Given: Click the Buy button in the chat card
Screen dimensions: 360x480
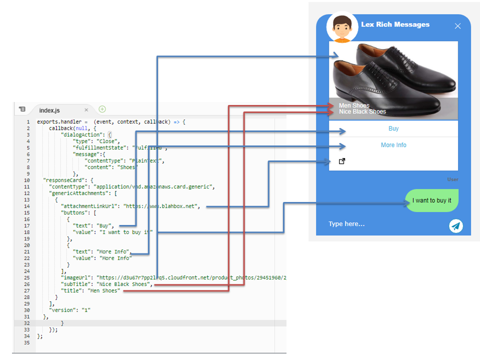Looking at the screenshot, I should pos(393,128).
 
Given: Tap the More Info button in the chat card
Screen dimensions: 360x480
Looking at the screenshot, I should pos(393,145).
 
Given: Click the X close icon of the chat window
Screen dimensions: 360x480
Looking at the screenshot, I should pos(457,26).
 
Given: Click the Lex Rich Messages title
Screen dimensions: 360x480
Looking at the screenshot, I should pos(395,24).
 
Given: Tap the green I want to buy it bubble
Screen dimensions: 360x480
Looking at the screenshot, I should pos(431,200).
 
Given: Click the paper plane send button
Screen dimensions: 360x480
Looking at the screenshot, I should pos(455,226).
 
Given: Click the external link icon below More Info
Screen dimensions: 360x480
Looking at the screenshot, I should pos(342,161).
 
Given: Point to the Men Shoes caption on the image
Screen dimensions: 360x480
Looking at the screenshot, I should pos(354,105).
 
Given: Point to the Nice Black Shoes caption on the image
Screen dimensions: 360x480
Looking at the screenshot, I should pos(362,111).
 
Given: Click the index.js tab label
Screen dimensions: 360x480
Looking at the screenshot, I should pos(49,110).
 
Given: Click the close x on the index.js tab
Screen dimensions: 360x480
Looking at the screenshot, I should pos(86,110).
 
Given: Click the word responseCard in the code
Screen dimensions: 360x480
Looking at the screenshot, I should pos(62,180).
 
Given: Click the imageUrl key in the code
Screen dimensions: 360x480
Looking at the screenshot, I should pos(74,277).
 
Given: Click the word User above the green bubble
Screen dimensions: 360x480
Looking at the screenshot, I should pos(452,179).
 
